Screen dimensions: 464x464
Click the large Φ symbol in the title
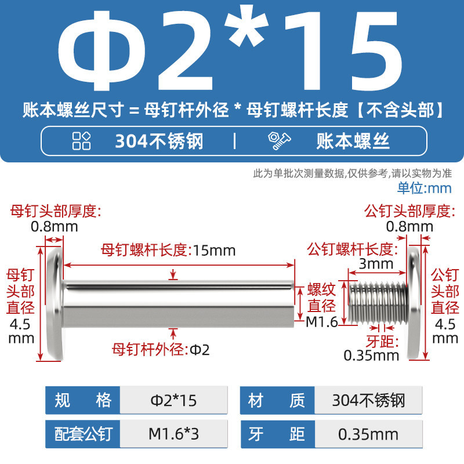(x=102, y=51)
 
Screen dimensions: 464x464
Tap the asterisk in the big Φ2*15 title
(x=246, y=26)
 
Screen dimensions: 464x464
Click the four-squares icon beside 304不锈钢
(x=81, y=141)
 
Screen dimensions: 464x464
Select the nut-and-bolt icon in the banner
(x=279, y=141)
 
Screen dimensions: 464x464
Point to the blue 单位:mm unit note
(x=424, y=188)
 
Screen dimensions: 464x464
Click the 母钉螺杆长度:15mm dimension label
(x=168, y=251)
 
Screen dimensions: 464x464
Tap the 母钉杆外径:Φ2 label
(x=161, y=350)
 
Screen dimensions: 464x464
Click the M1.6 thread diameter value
(x=322, y=322)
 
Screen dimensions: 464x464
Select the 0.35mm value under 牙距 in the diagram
(x=371, y=356)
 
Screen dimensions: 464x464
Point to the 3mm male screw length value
(x=376, y=264)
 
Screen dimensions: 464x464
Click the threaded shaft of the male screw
(x=378, y=302)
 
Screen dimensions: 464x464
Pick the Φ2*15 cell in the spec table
(x=173, y=400)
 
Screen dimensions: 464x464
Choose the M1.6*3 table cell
(x=173, y=434)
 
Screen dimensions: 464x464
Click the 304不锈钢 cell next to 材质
(x=368, y=400)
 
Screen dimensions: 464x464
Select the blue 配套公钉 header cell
(x=83, y=434)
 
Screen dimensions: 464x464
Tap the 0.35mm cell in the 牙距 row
(x=368, y=434)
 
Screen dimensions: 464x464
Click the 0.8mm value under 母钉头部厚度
(x=54, y=227)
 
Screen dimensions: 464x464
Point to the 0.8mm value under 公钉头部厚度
(x=409, y=227)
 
